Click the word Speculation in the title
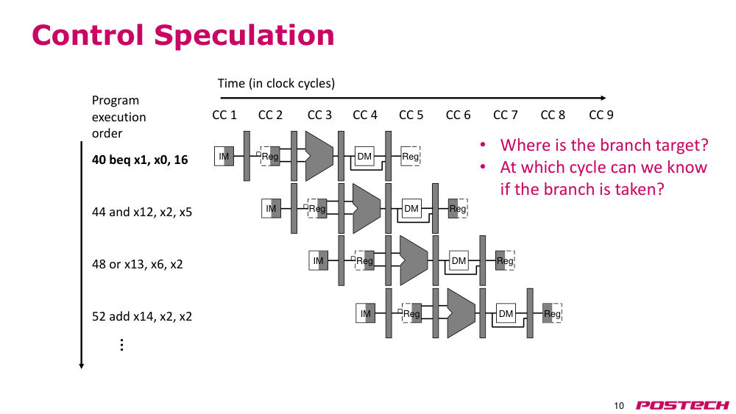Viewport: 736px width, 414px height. click(x=244, y=35)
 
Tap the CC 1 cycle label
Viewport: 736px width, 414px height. click(x=224, y=115)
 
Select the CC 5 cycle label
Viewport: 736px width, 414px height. click(x=411, y=115)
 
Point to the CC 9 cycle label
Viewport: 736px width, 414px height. click(x=601, y=115)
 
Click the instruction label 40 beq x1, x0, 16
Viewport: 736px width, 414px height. click(x=140, y=160)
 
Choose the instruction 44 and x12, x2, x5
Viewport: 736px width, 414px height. click(x=142, y=212)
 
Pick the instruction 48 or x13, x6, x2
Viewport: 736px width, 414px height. click(x=137, y=264)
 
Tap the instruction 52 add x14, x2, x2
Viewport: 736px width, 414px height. click(x=142, y=316)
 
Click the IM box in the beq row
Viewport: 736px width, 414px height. click(x=224, y=156)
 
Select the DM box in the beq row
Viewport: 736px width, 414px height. click(x=364, y=156)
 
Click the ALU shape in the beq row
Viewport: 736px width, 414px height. click(x=319, y=156)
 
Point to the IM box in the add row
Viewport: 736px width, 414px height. click(x=365, y=314)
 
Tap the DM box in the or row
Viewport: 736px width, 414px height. click(x=459, y=261)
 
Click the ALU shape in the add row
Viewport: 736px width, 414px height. click(x=461, y=313)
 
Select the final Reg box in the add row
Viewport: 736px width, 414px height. click(x=552, y=314)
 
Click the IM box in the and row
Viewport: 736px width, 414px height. click(x=271, y=209)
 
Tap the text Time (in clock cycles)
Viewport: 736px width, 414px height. click(x=276, y=83)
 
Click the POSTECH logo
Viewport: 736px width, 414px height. click(x=682, y=405)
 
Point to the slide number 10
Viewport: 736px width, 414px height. click(x=619, y=406)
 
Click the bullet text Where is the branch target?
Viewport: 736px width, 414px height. click(x=604, y=145)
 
